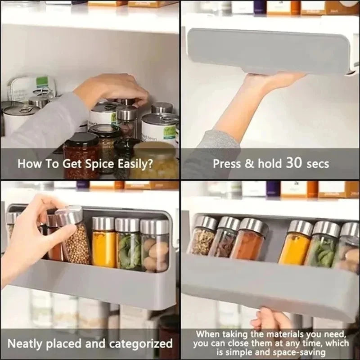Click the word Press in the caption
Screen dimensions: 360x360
click(226, 163)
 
